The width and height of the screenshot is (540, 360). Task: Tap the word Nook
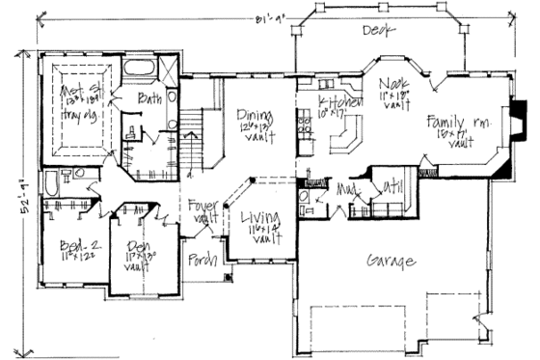[x=391, y=85]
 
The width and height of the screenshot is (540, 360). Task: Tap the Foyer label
[x=203, y=206]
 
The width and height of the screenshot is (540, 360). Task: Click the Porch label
[x=201, y=259]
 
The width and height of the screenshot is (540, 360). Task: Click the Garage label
[x=391, y=262]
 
